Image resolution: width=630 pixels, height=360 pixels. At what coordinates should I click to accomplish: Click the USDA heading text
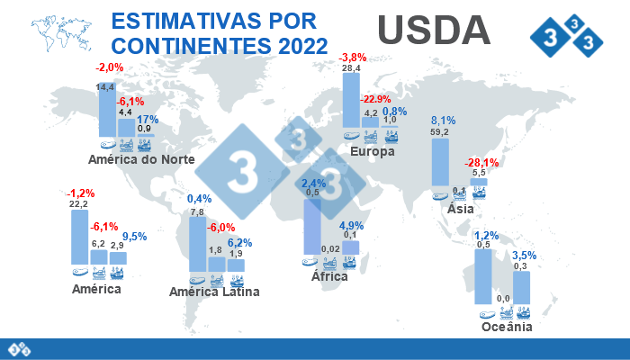[434, 30]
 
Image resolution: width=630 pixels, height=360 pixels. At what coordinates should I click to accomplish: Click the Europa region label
[373, 151]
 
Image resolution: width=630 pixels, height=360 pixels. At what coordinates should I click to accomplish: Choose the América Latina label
[215, 292]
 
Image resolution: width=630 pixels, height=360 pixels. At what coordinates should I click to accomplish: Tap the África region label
[329, 276]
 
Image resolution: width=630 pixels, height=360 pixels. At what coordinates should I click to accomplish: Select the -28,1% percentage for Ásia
[481, 163]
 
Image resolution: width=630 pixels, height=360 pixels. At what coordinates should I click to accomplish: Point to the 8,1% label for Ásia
[444, 121]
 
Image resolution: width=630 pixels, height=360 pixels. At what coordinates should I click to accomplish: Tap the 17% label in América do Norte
[148, 120]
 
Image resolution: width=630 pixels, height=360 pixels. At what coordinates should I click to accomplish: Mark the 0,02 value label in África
[330, 249]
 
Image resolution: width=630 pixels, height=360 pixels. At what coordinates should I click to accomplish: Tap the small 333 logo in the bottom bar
[20, 347]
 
